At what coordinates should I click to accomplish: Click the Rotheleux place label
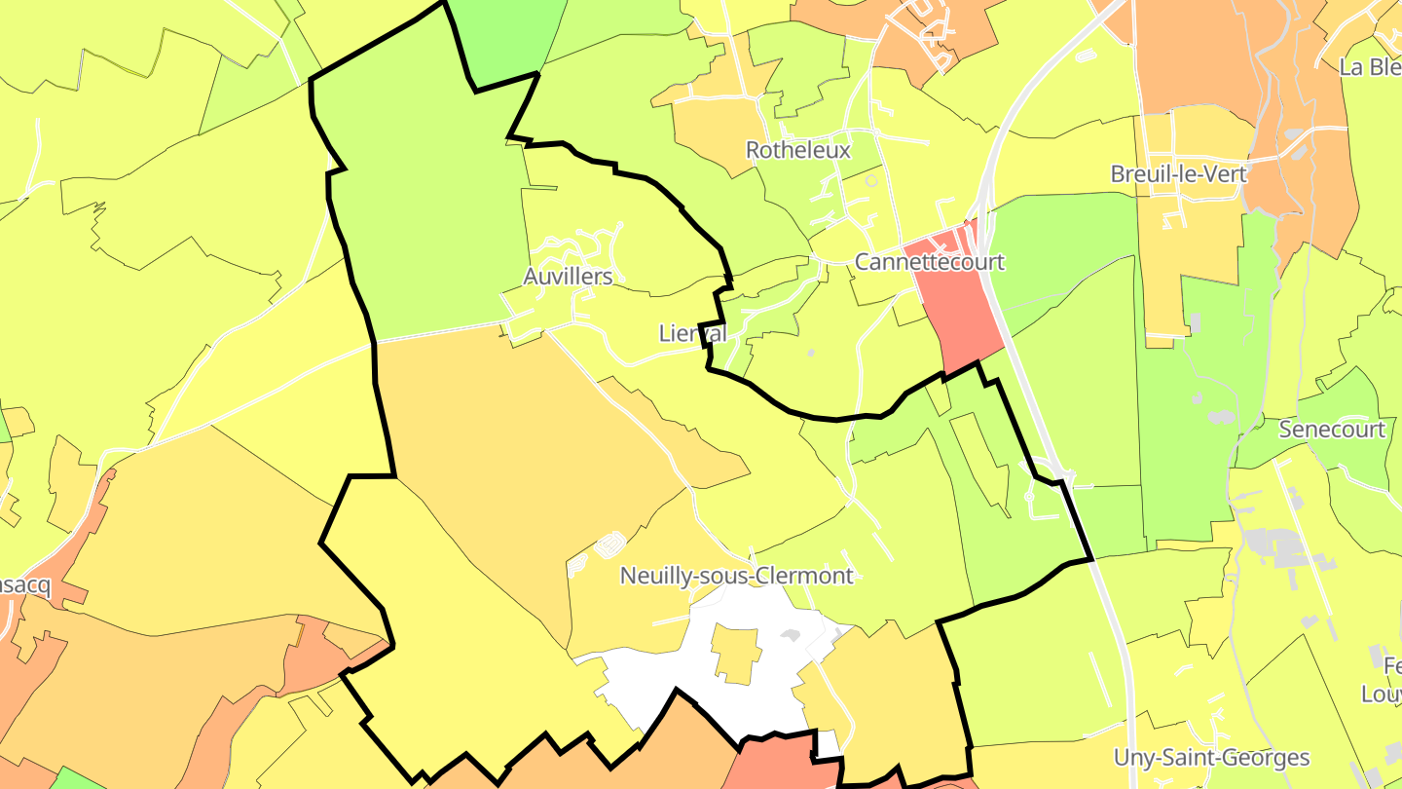point(797,150)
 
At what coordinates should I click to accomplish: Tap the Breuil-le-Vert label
point(1178,173)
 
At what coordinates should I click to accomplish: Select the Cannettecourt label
point(929,262)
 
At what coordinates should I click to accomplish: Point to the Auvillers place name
point(568,277)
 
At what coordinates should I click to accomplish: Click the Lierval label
point(692,333)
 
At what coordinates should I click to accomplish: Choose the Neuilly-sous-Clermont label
point(736,576)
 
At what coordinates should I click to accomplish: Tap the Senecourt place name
point(1332,430)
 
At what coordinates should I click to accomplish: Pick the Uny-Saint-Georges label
point(1211,758)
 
